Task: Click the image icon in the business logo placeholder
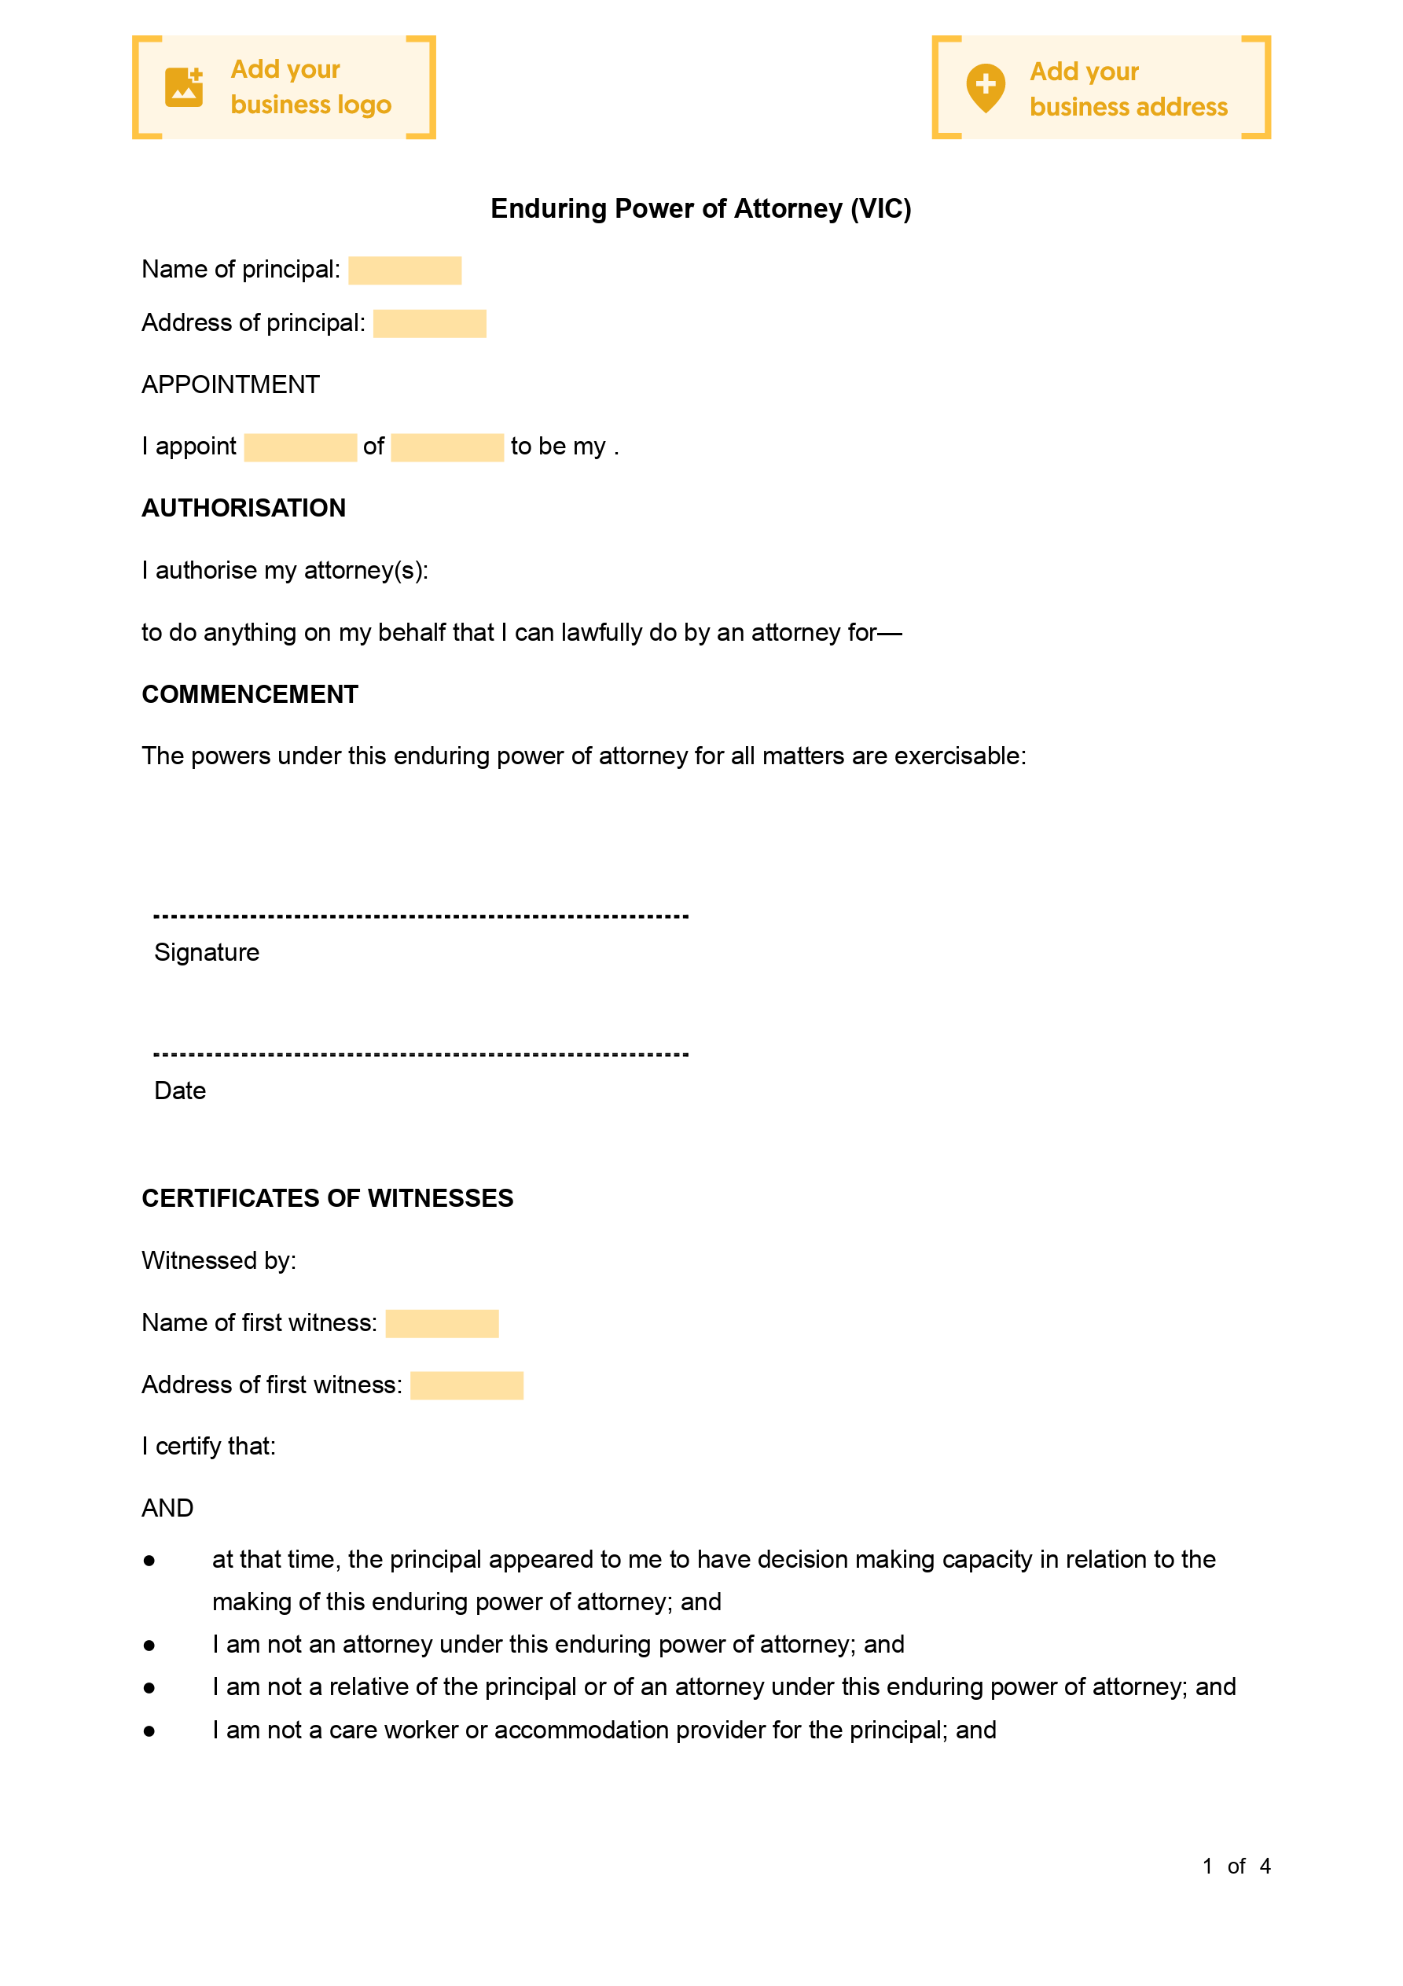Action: pos(183,87)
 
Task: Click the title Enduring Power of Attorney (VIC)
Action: pos(700,208)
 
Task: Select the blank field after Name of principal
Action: pos(405,270)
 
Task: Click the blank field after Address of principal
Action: pos(429,323)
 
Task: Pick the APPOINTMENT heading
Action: pos(231,385)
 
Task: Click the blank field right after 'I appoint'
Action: pos(300,447)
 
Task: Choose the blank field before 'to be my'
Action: pos(447,447)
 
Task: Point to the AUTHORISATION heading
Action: pos(244,508)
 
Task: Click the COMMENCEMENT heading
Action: pos(250,694)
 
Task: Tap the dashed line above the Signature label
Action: pos(421,916)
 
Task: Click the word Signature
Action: pos(207,952)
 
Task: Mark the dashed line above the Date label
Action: pos(421,1054)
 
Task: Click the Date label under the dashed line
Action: pos(180,1090)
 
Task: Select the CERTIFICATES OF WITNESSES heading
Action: pos(328,1198)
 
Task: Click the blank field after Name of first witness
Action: pos(442,1323)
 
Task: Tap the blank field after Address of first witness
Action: pos(466,1385)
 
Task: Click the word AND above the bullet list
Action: pos(167,1509)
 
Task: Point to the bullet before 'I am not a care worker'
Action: pos(149,1730)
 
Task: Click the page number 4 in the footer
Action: pos(1265,1866)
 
